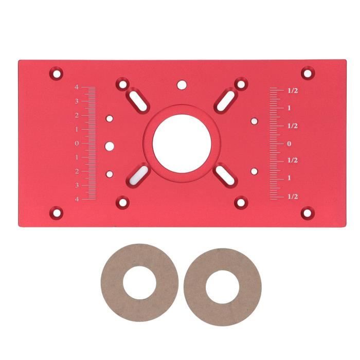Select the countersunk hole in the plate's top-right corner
[x=307, y=73]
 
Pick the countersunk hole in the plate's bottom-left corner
[x=57, y=211]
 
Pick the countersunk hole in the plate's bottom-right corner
[x=307, y=211]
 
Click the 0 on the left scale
[x=77, y=143]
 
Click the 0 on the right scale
[x=290, y=143]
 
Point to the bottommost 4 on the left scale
[x=77, y=199]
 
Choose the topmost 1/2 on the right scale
[x=293, y=91]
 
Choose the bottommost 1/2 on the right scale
[x=293, y=196]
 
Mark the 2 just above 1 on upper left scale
[x=77, y=115]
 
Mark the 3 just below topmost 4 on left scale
[x=77, y=101]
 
